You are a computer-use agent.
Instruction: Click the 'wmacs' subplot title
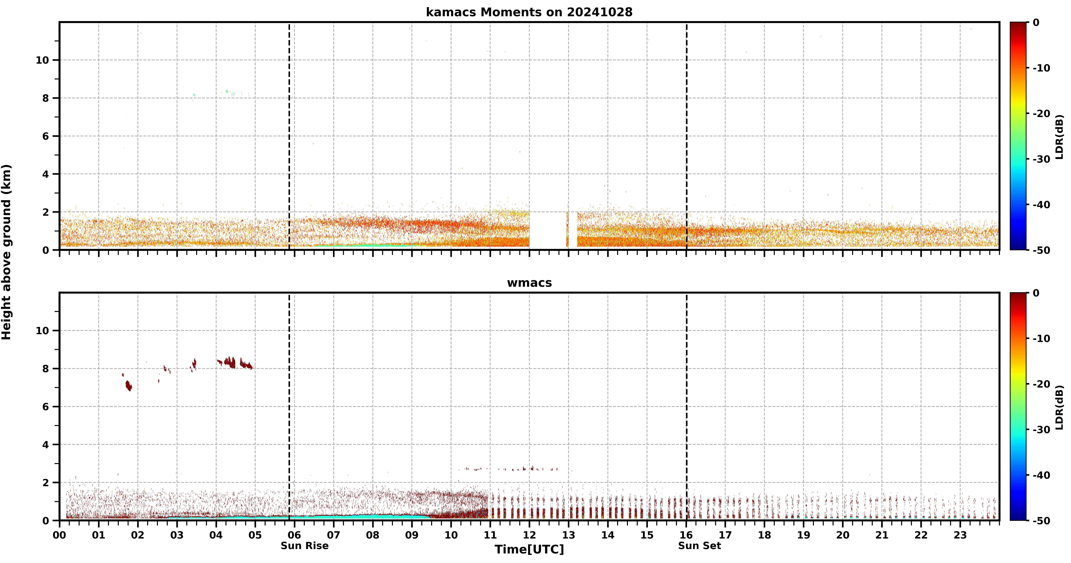click(x=529, y=283)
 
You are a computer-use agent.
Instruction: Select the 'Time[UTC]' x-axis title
click(x=529, y=549)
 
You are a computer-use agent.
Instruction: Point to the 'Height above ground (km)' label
click(x=6, y=252)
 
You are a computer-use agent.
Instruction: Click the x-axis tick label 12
click(x=529, y=535)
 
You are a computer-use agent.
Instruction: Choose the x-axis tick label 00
click(x=59, y=535)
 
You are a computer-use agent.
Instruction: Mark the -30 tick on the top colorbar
click(x=1042, y=159)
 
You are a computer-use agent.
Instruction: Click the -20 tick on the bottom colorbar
click(x=1042, y=384)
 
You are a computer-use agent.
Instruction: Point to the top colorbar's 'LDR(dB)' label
click(x=1059, y=137)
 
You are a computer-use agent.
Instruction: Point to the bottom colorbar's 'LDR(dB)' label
click(x=1059, y=408)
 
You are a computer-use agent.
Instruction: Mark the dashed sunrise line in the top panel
click(x=289, y=136)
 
